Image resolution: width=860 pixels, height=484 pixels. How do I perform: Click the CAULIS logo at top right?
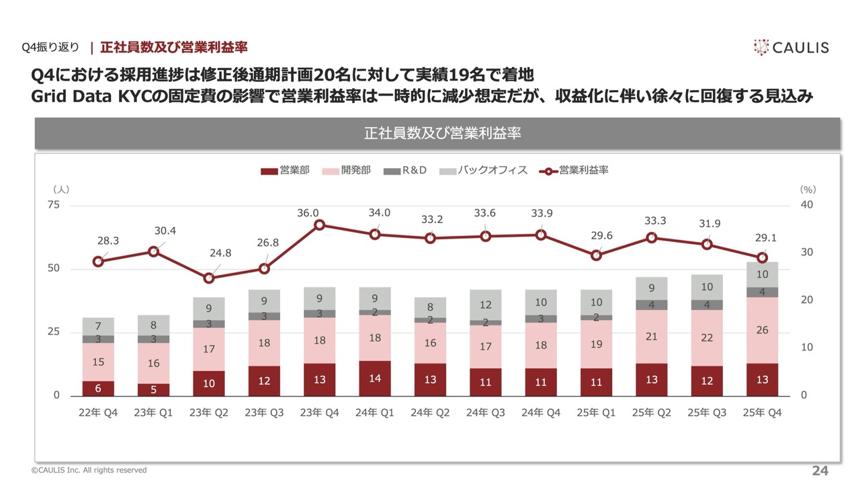pyautogui.click(x=791, y=47)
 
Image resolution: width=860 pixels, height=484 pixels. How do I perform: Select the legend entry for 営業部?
pyautogui.click(x=286, y=171)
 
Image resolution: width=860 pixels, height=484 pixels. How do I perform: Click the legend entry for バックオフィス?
pyautogui.click(x=484, y=171)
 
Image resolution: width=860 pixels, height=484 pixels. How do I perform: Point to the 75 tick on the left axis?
pyautogui.click(x=52, y=205)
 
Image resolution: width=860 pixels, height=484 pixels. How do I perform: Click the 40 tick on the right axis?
pyautogui.click(x=807, y=205)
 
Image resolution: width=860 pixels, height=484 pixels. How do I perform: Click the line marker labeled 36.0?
pyautogui.click(x=320, y=225)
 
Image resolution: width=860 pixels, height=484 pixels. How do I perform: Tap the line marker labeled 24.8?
pyautogui.click(x=209, y=278)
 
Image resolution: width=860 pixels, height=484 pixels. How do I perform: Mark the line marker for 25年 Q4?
pyautogui.click(x=762, y=257)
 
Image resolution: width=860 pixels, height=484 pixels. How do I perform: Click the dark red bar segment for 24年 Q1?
pyautogui.click(x=375, y=378)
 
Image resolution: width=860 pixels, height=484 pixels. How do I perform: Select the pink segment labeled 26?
pyautogui.click(x=762, y=330)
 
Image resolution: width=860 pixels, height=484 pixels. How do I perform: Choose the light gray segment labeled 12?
pyautogui.click(x=485, y=305)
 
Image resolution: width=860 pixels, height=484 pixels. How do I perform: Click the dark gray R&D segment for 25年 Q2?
pyautogui.click(x=651, y=305)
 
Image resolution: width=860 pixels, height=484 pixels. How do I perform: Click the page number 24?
pyautogui.click(x=820, y=471)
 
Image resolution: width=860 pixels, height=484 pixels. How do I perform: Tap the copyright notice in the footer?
pyautogui.click(x=89, y=471)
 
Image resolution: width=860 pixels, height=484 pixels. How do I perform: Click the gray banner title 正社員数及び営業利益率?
pyautogui.click(x=437, y=133)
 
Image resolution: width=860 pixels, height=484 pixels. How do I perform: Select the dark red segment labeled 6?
pyautogui.click(x=99, y=389)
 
